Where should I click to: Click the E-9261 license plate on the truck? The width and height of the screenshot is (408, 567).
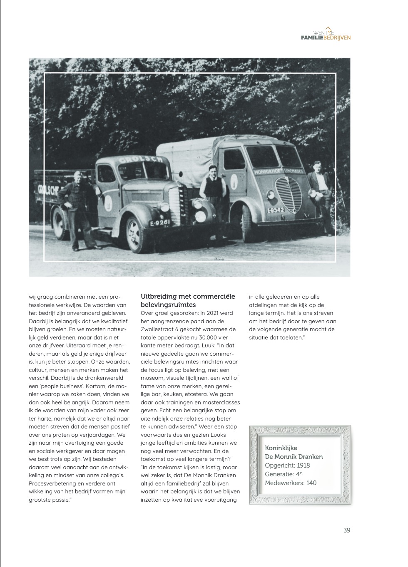tap(160, 223)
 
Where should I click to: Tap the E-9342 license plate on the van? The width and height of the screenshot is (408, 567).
tap(276, 210)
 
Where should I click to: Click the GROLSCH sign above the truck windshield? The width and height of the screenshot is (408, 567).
tap(140, 160)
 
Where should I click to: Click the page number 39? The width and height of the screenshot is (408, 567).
tap(347, 530)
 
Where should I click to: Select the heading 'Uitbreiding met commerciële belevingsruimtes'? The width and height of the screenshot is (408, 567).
tap(187, 300)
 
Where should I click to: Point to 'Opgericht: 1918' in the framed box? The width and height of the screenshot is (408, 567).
tap(287, 465)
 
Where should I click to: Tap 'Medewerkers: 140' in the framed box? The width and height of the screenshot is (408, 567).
tap(291, 483)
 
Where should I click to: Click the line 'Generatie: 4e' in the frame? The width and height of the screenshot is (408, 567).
tap(284, 474)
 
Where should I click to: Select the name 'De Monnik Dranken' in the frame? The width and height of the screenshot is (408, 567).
tap(294, 457)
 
